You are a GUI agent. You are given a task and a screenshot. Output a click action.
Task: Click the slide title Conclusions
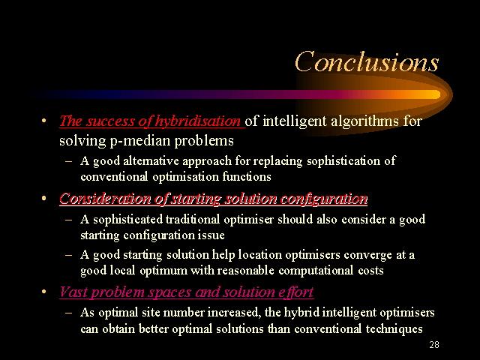pyautogui.click(x=367, y=61)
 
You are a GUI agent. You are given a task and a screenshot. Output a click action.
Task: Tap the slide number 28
pyautogui.click(x=434, y=345)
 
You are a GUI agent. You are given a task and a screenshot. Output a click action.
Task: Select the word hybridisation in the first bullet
pyautogui.click(x=198, y=121)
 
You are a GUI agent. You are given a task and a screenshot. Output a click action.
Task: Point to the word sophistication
pyautogui.click(x=343, y=161)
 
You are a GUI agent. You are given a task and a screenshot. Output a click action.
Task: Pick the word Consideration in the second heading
pyautogui.click(x=105, y=199)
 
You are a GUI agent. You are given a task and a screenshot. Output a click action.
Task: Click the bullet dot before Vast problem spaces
pyautogui.click(x=43, y=291)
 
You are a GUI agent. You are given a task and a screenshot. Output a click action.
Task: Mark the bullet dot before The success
pyautogui.click(x=43, y=120)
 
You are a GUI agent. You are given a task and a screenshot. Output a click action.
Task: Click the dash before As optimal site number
pyautogui.click(x=69, y=313)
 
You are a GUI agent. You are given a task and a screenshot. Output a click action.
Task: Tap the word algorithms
pyautogui.click(x=365, y=121)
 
